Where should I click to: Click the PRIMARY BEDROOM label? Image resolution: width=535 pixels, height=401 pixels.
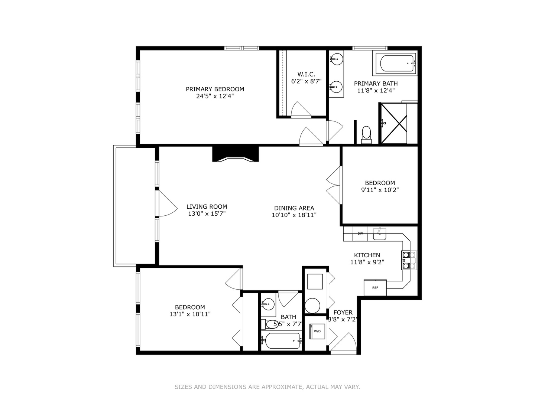point(215,89)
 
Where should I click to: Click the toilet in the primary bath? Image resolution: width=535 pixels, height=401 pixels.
point(366,134)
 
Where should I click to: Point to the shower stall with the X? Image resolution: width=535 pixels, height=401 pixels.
point(393,123)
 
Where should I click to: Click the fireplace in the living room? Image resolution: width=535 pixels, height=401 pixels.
point(235,154)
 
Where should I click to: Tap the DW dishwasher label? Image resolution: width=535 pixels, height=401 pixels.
point(360,234)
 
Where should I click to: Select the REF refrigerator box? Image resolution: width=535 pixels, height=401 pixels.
point(375,287)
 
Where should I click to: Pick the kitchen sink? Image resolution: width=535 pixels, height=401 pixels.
point(379,234)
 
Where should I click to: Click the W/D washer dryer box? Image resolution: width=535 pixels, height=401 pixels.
point(317,331)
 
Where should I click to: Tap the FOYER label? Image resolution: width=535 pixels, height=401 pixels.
point(343,313)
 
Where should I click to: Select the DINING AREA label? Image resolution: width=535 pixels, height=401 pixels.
point(294,208)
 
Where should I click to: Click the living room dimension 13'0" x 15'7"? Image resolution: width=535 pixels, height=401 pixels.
point(207,213)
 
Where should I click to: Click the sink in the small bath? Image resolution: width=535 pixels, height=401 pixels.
point(268,304)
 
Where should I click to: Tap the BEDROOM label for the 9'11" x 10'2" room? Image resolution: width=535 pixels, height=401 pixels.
point(380,183)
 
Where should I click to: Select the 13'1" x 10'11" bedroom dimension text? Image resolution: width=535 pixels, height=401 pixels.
point(190,314)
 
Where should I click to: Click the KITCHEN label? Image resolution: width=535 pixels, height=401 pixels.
point(367,255)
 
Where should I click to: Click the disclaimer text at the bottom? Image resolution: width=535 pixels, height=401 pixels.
point(267,387)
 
